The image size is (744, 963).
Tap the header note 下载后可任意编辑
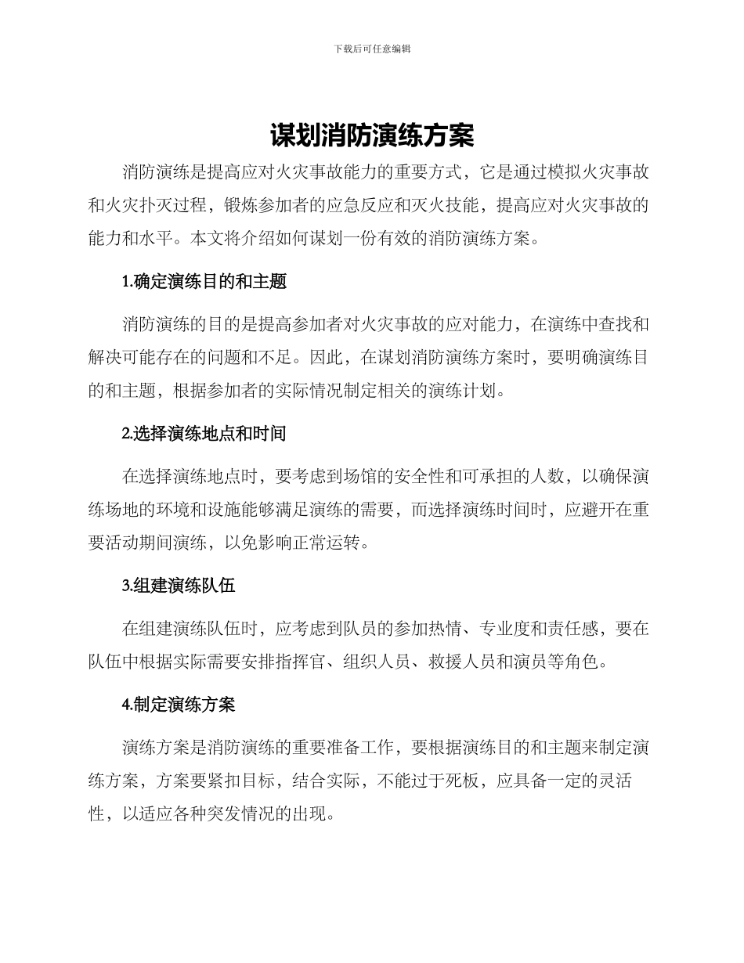tap(372, 49)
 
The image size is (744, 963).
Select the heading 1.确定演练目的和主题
tap(204, 281)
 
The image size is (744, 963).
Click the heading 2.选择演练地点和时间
tap(204, 433)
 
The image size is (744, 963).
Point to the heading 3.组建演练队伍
tap(179, 586)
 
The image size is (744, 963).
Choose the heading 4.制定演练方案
tap(179, 705)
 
